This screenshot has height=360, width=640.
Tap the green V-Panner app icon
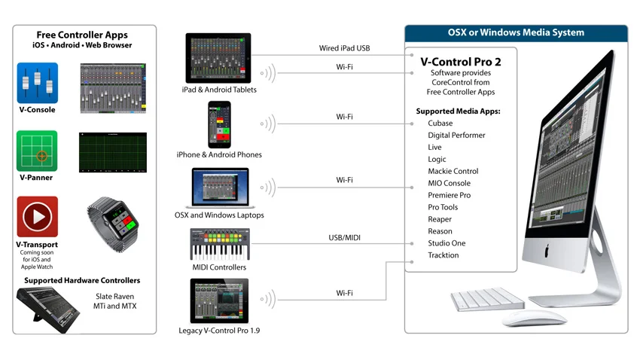(x=37, y=151)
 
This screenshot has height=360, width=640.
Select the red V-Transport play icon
(x=37, y=216)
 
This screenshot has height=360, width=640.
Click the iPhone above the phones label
(x=218, y=124)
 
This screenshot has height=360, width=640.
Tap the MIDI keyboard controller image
(x=218, y=245)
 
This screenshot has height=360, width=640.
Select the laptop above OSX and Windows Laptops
(x=218, y=188)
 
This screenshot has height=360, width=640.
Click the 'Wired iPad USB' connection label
(x=344, y=49)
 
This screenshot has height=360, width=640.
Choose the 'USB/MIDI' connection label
(x=345, y=238)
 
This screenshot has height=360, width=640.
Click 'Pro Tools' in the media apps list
(x=443, y=207)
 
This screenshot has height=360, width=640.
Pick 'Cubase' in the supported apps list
(x=440, y=123)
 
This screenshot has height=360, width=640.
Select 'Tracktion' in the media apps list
(x=443, y=255)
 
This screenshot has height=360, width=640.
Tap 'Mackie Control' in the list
(x=453, y=171)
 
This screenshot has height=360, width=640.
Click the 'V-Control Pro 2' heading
(x=460, y=61)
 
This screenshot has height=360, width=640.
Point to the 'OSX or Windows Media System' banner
(x=516, y=32)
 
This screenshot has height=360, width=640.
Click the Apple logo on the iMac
(x=549, y=249)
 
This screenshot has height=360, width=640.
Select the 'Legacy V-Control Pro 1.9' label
(x=219, y=331)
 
